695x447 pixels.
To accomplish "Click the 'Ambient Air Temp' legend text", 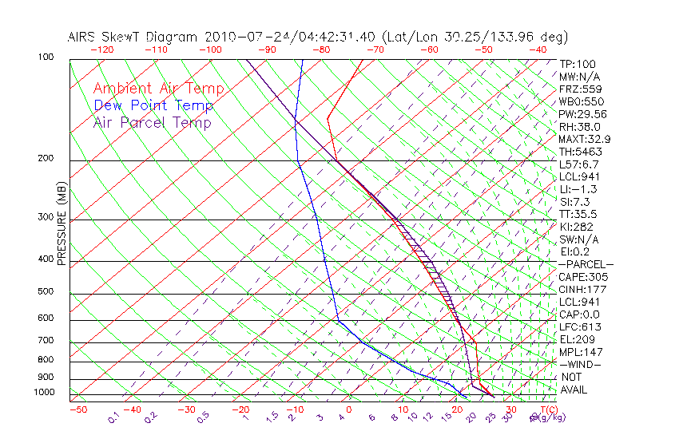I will tap(158, 89).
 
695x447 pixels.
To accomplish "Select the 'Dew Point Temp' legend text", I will tap(153, 106).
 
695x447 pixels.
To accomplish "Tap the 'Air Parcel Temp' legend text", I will tap(152, 123).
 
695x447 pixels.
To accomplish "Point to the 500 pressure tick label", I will tap(46, 292).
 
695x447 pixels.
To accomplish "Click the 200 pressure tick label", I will tap(46, 159).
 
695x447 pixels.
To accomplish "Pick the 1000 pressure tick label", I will tap(45, 393).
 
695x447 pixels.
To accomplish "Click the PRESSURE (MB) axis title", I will tap(62, 224).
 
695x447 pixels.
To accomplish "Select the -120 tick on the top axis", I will tap(101, 49).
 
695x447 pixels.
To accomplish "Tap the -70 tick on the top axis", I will tap(374, 49).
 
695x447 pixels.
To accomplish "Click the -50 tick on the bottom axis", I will tap(77, 410).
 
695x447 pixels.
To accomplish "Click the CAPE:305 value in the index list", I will tap(579, 277).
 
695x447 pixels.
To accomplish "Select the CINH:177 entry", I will tap(579, 289).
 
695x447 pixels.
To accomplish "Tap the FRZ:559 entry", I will tap(578, 89).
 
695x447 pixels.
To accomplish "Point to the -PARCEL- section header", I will tap(586, 264).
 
